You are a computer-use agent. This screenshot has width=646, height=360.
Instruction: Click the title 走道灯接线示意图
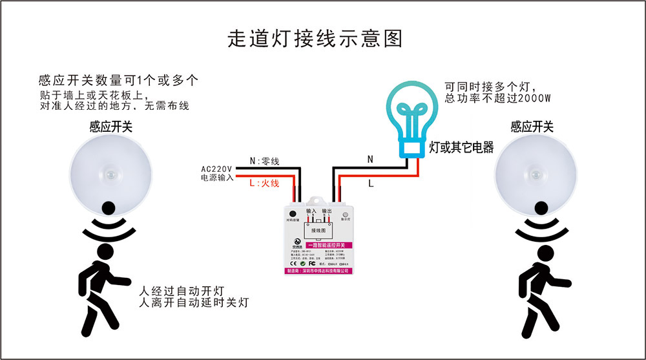pyautogui.click(x=315, y=38)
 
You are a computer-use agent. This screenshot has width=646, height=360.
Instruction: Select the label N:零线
pyautogui.click(x=264, y=161)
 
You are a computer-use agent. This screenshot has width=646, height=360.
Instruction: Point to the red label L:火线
pyautogui.click(x=264, y=184)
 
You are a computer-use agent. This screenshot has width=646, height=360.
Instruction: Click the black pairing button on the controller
pyautogui.click(x=293, y=213)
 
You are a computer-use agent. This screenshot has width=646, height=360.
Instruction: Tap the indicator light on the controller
pyautogui.click(x=346, y=213)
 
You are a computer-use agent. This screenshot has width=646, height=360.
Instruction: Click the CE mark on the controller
pyautogui.click(x=292, y=263)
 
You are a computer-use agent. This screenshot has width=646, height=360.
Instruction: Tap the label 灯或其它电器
pyautogui.click(x=461, y=148)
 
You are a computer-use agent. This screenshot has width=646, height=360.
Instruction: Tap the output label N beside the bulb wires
pyautogui.click(x=370, y=159)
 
